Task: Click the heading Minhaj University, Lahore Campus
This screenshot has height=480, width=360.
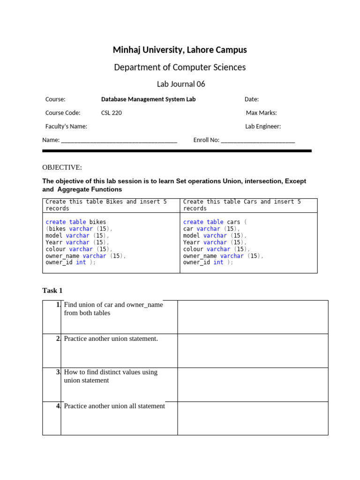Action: tap(180, 50)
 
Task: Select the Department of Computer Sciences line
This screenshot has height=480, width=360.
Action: tap(180, 67)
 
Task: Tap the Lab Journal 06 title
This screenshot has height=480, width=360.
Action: tap(180, 84)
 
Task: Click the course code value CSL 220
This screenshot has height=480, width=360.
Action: tap(112, 113)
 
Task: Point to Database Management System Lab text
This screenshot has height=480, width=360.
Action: tap(148, 99)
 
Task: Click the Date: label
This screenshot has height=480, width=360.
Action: tap(251, 99)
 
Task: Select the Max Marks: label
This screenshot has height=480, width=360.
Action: tap(261, 113)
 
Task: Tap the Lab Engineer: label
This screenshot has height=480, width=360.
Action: tap(262, 127)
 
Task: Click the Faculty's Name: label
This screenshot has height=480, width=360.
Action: tap(66, 127)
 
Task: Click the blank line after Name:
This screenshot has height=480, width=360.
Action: tap(119, 141)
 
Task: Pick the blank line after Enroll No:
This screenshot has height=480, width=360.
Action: tap(257, 141)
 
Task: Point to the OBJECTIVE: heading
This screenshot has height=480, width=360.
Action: tap(62, 167)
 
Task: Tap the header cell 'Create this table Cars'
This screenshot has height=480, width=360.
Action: tap(242, 205)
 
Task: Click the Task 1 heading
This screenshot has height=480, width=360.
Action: tap(52, 291)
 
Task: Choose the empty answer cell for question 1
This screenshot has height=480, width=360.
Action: tap(253, 317)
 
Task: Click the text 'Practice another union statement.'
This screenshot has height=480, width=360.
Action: tap(111, 338)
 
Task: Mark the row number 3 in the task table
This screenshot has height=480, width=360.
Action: tap(58, 372)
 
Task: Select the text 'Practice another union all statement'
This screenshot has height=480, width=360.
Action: tap(114, 406)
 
